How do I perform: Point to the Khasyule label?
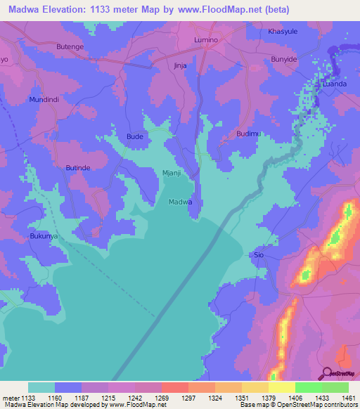tap(283, 32)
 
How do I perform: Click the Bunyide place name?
tap(286, 60)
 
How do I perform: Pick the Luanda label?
tap(334, 84)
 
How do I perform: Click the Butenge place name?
tap(70, 46)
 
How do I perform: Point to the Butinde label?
tap(78, 169)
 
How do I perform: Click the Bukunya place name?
tap(44, 237)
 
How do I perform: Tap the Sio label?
tap(259, 254)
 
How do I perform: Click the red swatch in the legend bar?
tap(174, 387)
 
